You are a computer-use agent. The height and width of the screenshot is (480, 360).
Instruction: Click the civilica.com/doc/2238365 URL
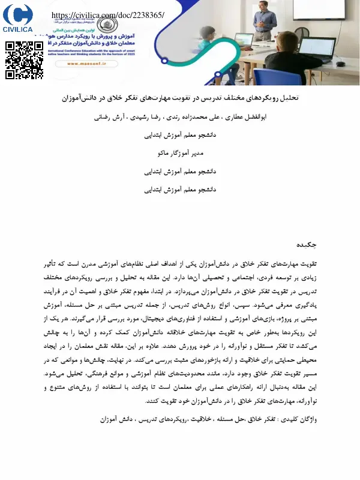[108, 15]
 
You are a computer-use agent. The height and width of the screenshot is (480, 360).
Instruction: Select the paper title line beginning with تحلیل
[179, 98]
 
